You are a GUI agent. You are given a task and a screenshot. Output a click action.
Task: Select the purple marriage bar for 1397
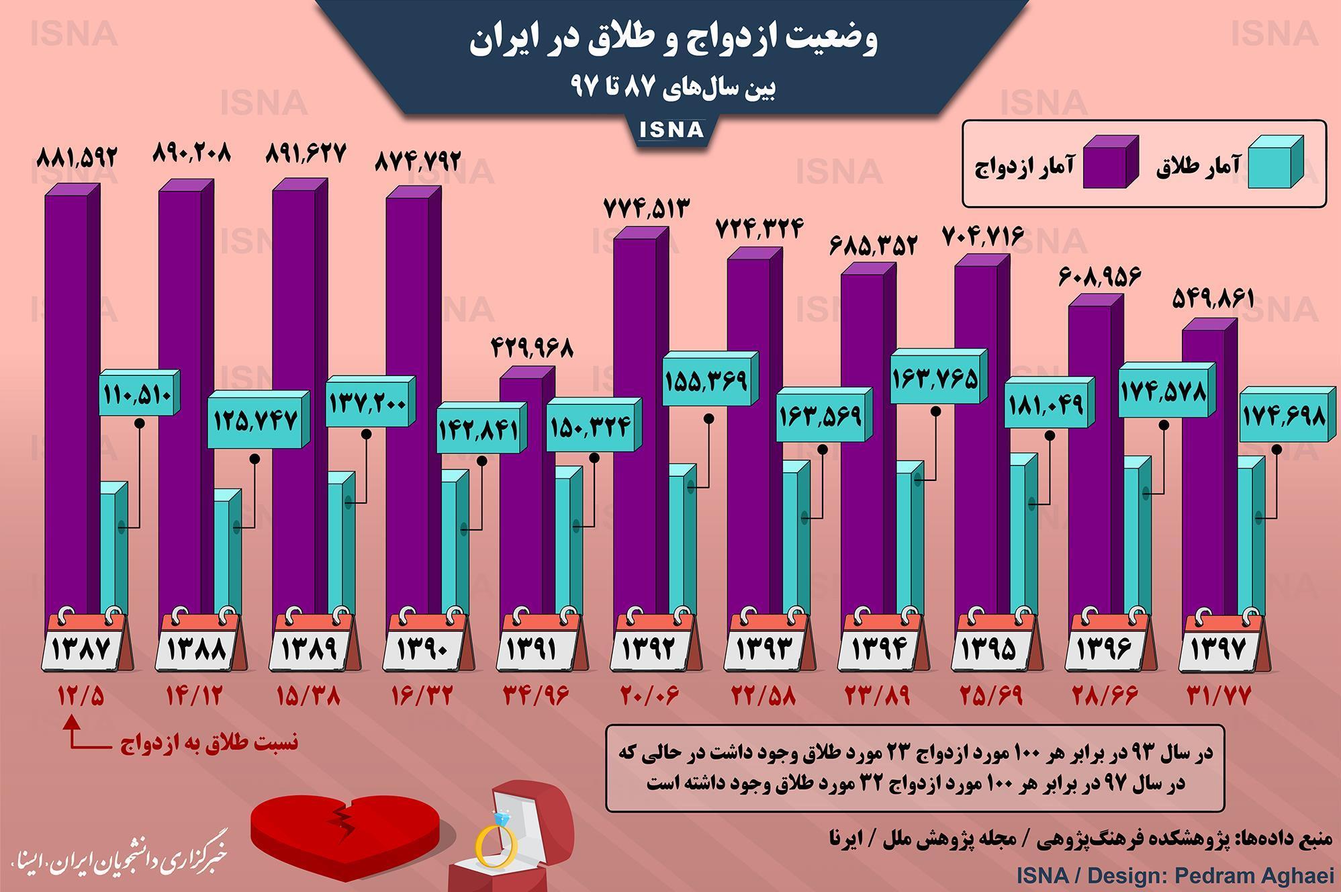(1203, 470)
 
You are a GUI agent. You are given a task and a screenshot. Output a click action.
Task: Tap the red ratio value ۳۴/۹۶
(536, 696)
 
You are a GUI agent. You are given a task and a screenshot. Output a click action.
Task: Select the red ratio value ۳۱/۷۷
(1218, 696)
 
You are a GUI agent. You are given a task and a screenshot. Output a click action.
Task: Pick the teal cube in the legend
(1275, 163)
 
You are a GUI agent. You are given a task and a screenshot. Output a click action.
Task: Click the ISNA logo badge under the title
(671, 129)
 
